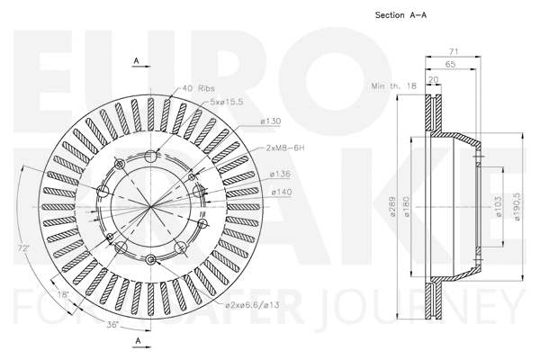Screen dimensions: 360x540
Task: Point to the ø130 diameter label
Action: pos(271,120)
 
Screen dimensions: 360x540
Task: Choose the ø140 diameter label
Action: pos(280,192)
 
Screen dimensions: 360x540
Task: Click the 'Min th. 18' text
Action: pos(393,85)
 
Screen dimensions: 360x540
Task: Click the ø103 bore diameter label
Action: pos(499,206)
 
